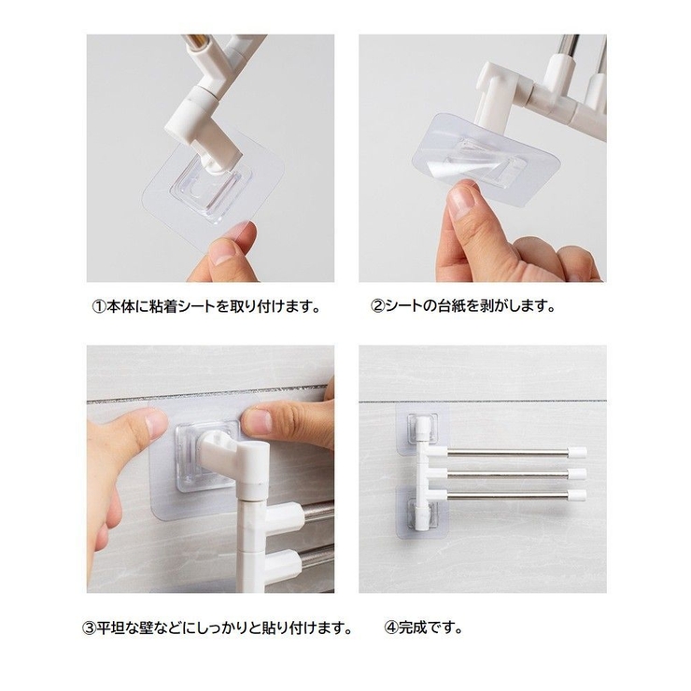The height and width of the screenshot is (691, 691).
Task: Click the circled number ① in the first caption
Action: coord(99,306)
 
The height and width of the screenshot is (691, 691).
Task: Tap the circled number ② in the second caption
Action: coord(377,306)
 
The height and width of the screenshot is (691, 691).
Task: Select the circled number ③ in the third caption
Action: coord(89,628)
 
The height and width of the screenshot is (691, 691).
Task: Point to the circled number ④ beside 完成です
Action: coord(391,628)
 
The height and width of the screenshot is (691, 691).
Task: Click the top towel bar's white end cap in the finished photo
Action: coord(577,452)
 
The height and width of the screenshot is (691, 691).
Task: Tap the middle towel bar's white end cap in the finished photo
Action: coord(577,474)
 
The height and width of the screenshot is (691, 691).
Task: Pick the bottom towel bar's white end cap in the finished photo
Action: coord(577,496)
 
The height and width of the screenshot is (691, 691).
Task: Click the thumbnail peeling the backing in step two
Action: coord(461,202)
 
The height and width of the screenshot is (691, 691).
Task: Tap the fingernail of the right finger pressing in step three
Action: coord(256,420)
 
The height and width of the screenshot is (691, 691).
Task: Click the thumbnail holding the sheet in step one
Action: coord(223,253)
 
